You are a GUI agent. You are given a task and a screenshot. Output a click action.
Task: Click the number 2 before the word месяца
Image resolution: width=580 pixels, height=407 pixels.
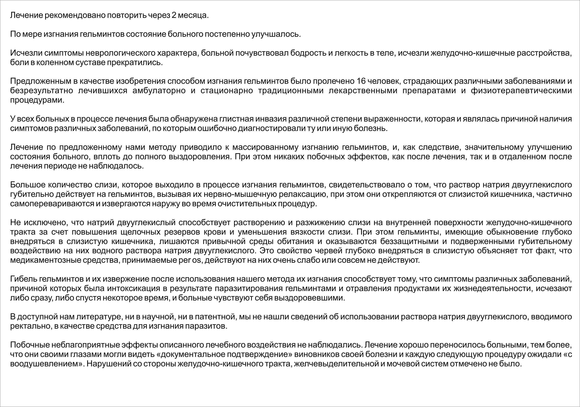point(174,15)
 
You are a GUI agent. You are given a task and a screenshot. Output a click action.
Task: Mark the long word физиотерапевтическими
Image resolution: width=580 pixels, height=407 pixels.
point(521,91)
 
